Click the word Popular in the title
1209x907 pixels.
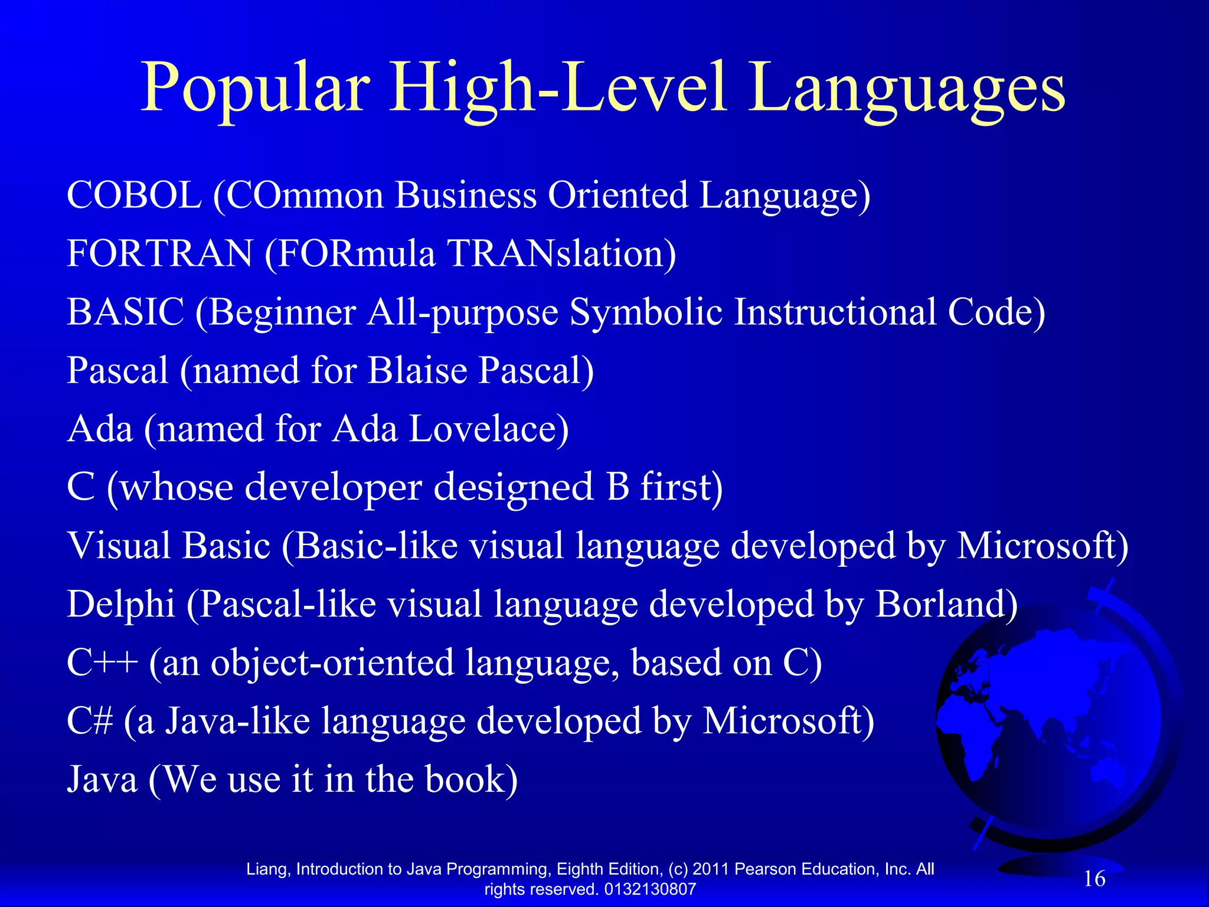[255, 89]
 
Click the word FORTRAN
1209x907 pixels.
[159, 253]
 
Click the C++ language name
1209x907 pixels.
[102, 662]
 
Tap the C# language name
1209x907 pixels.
[89, 720]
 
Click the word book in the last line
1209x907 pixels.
[470, 779]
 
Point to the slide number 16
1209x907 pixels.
[1094, 879]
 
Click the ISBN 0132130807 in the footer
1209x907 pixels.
[650, 889]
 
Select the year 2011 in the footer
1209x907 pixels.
[710, 869]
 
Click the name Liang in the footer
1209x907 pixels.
[267, 869]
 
